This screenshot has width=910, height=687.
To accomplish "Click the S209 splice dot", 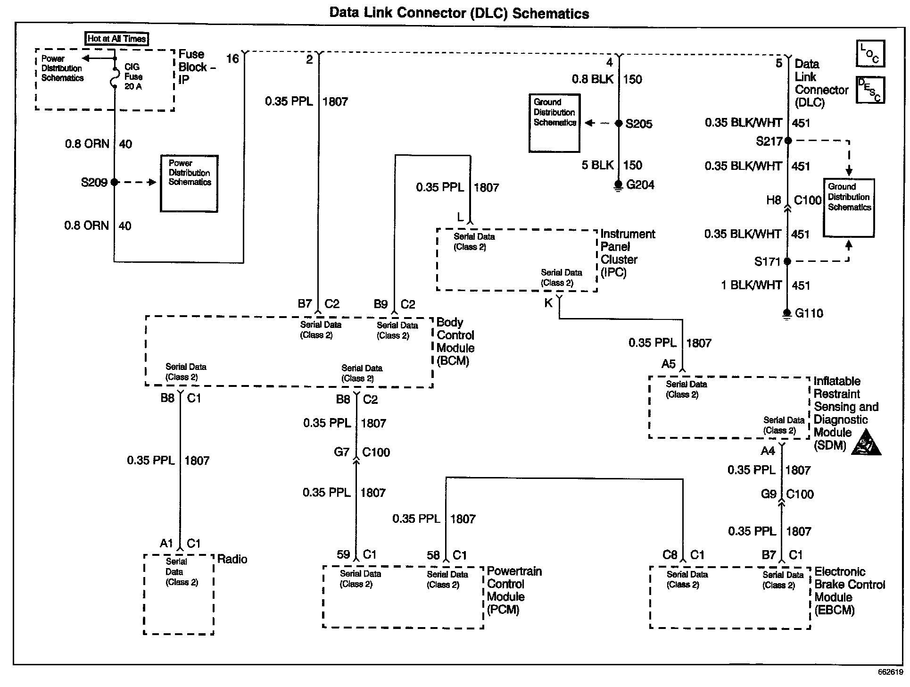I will click(114, 182).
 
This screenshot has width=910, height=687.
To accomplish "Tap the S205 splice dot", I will click(619, 124).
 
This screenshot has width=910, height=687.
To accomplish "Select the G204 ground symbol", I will click(618, 186).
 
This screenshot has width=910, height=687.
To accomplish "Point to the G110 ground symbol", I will click(786, 314).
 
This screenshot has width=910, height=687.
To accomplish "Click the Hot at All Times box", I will click(116, 39).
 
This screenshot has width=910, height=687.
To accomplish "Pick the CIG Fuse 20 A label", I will click(133, 76).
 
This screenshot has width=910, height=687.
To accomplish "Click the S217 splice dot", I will click(787, 141).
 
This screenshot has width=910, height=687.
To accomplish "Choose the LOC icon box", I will click(870, 53).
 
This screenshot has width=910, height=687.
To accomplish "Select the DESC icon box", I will click(870, 90).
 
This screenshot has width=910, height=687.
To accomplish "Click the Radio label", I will click(232, 559).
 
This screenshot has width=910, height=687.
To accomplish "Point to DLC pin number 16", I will click(233, 59).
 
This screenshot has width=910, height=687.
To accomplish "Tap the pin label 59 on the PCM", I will click(343, 555).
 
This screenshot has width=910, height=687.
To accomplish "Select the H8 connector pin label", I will click(773, 201).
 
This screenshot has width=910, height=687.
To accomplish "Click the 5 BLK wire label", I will click(597, 165).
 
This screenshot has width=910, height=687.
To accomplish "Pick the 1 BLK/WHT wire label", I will click(751, 285).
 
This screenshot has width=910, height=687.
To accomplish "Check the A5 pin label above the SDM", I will click(668, 364).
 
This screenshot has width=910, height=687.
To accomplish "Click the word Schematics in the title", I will click(550, 13).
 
